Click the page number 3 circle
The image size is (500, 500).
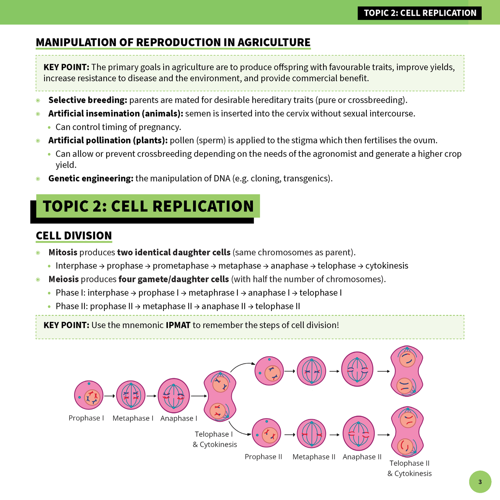point(480,482)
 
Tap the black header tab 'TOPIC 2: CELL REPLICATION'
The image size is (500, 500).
point(420,13)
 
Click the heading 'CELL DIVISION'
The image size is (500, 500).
point(74,236)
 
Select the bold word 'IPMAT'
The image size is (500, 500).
point(178,325)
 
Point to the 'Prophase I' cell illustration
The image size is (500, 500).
point(89,395)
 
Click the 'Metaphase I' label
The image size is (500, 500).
point(133,418)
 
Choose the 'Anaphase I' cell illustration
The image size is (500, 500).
point(174,396)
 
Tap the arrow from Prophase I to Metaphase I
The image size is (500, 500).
point(109,396)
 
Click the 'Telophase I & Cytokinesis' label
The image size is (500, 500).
point(215,439)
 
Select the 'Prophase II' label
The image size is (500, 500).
point(263,457)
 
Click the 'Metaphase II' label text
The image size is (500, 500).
point(314,457)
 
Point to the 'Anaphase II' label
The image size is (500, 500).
point(362,457)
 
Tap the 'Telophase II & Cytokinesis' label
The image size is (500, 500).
point(409,468)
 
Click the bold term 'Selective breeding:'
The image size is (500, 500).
point(88,100)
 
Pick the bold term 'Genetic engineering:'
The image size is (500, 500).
point(91,179)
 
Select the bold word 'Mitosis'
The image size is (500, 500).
point(63,252)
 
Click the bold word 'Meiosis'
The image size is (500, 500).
point(63,279)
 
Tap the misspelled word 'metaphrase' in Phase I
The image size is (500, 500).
point(211,293)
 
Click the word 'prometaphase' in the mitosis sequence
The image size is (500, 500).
point(181,266)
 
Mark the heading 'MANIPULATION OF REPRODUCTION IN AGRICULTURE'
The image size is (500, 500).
point(173,42)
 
